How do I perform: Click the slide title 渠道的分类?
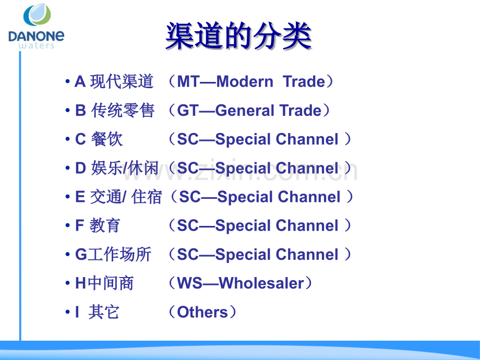(x=238, y=36)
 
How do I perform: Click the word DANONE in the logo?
(x=37, y=37)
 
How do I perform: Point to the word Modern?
(x=244, y=82)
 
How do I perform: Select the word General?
(x=244, y=111)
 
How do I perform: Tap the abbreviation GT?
(x=188, y=111)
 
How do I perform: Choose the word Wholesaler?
(x=261, y=283)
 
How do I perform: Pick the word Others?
(x=202, y=312)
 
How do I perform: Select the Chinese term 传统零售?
(x=123, y=111)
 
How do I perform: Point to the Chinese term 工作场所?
(x=119, y=255)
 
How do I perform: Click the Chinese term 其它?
(x=104, y=312)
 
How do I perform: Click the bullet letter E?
(x=80, y=197)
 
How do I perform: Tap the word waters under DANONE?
(x=36, y=46)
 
